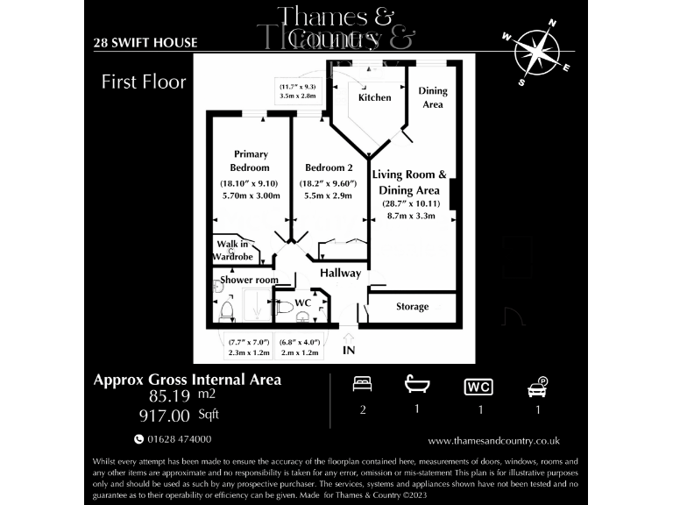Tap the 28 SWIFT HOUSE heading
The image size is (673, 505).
pos(145,43)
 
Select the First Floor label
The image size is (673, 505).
pos(144,82)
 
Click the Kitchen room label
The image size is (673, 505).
pos(375,97)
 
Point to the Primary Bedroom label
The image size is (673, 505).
pos(250,160)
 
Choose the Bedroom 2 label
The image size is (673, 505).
pos(329,167)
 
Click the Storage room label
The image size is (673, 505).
pos(412,307)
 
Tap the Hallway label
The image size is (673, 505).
pos(340,273)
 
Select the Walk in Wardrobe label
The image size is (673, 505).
pos(234,251)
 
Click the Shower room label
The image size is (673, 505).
pos(249,280)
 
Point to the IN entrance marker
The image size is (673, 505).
pos(349,351)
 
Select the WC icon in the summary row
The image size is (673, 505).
pos(477,387)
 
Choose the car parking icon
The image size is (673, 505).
pos(536,386)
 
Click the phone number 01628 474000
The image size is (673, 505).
pos(179,439)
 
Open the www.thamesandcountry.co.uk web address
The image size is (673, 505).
pos(493,441)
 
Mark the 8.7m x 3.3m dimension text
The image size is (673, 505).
pos(404,215)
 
